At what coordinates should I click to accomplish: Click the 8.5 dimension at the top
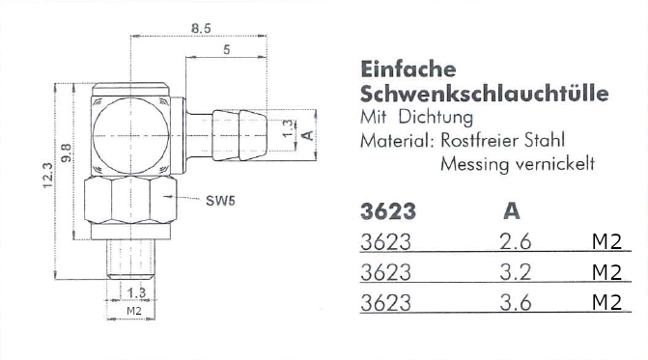[x=201, y=28]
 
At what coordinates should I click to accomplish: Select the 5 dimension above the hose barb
[x=227, y=49]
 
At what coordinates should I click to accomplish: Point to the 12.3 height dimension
[x=48, y=176]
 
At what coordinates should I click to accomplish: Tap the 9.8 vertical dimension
[x=66, y=152]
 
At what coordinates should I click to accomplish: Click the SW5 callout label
[x=221, y=201]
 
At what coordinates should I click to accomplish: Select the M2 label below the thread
[x=134, y=311]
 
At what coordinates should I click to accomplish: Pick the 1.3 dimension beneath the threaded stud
[x=136, y=292]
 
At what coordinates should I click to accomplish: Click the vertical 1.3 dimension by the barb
[x=288, y=128]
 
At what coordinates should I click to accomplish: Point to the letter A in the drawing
[x=308, y=135]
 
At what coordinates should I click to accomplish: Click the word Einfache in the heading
[x=409, y=69]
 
